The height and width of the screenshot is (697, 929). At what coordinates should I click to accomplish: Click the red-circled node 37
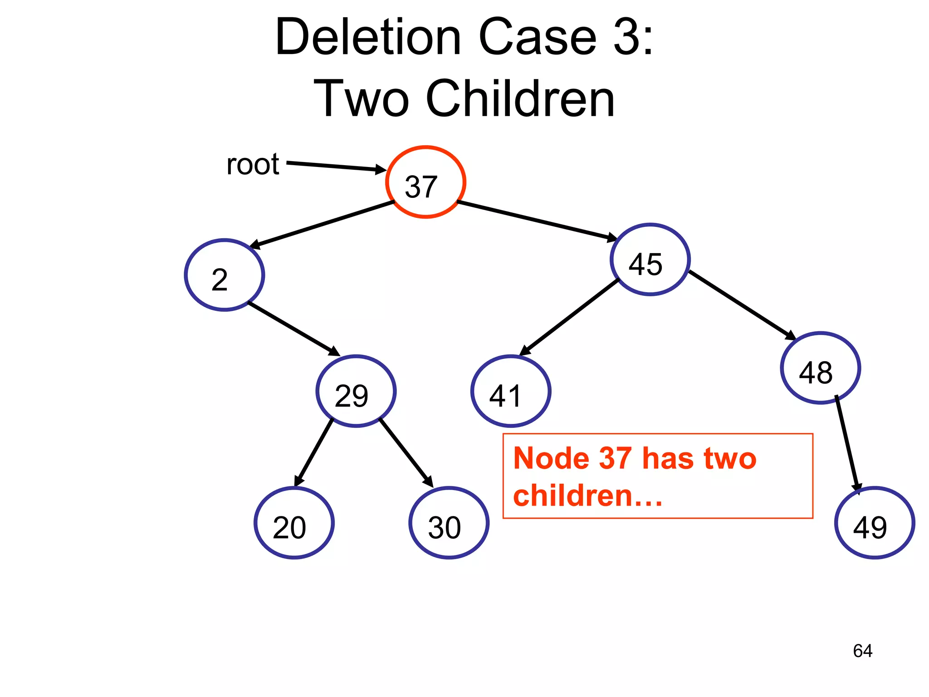click(425, 182)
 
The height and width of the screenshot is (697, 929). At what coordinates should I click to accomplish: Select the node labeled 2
click(225, 275)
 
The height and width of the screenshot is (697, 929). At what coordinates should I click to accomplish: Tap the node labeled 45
click(650, 260)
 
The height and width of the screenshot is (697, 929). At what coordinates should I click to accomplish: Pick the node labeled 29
click(356, 391)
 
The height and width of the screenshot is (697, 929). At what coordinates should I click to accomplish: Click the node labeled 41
click(511, 391)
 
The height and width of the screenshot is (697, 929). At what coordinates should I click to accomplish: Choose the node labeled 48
click(821, 368)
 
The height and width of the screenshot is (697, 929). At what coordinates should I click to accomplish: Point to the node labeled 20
click(294, 523)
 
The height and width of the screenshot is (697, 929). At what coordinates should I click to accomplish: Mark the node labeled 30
click(449, 523)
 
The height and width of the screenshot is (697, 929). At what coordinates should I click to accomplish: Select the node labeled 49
click(875, 523)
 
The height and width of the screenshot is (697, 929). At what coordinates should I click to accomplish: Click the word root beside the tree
click(253, 164)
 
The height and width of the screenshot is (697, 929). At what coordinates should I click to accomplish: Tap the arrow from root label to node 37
click(336, 166)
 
